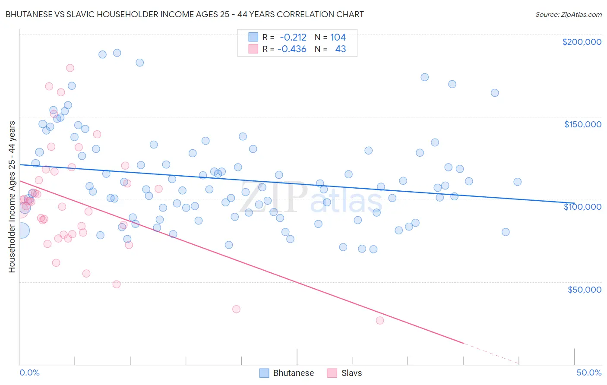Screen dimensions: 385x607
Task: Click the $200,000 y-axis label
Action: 582,42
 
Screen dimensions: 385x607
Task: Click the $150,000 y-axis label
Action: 582,124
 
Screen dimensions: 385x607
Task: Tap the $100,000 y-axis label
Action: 582,207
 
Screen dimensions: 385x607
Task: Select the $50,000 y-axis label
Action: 584,289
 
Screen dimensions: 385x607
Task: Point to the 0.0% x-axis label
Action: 29,372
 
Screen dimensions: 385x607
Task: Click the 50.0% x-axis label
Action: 588,372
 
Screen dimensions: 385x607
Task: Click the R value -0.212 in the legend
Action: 293,38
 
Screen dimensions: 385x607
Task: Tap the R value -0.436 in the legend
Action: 292,49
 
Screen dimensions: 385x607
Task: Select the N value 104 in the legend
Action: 338,38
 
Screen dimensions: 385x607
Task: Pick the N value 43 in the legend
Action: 340,49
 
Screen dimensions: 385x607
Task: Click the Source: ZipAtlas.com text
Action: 568,15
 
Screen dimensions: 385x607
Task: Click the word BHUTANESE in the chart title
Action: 28,15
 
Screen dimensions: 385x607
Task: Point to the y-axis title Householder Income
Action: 12,196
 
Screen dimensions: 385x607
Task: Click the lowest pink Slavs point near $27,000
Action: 380,320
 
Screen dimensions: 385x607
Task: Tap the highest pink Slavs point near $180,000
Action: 70,68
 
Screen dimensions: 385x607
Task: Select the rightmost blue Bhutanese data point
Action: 517,182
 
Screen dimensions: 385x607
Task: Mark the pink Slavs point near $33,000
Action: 236,309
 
